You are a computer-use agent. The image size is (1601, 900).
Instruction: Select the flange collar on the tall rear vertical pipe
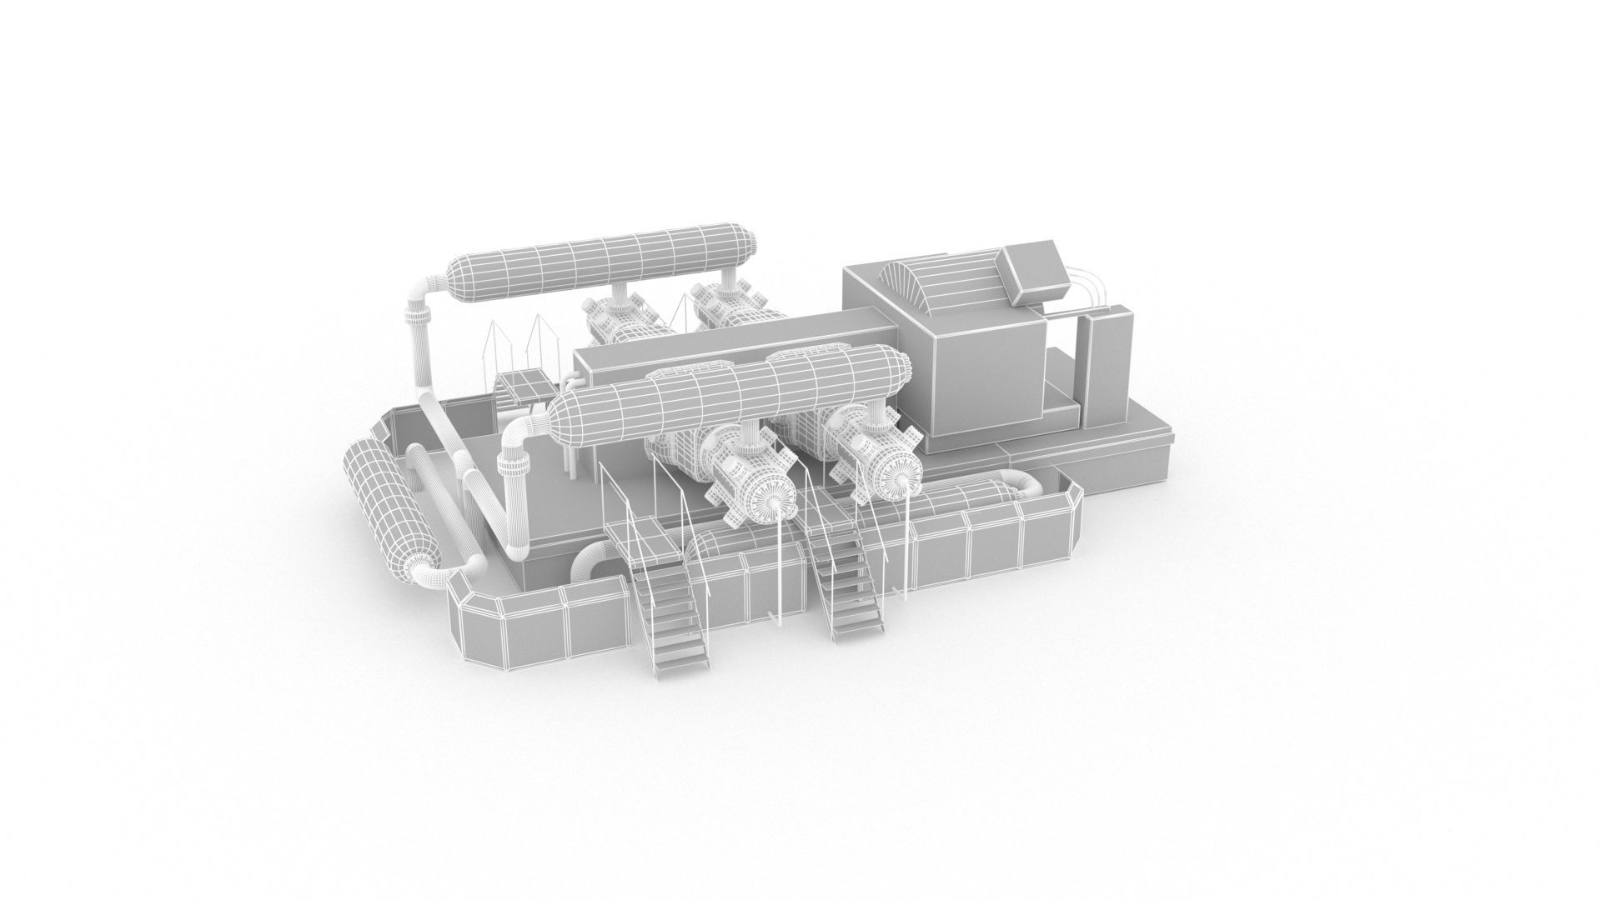pyautogui.click(x=417, y=317)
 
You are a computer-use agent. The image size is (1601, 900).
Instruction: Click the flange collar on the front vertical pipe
pyautogui.click(x=514, y=461)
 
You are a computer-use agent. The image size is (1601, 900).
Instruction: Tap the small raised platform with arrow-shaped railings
pyautogui.click(x=524, y=386)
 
